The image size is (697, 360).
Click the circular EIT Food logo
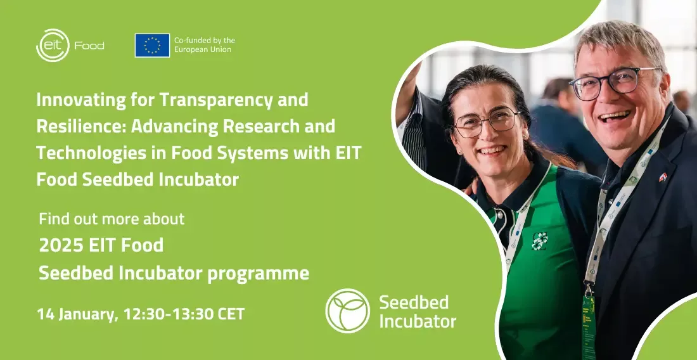click(53, 46)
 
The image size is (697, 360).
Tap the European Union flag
click(153, 46)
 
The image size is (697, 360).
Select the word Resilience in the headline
click(81, 126)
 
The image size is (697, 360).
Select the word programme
click(259, 274)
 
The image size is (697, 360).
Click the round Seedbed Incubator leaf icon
click(348, 311)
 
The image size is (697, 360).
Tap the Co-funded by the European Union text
click(205, 45)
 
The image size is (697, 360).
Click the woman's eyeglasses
click(486, 122)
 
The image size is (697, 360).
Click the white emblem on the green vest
click(539, 241)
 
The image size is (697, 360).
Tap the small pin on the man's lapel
click(663, 177)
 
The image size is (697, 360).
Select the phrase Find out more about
click(112, 219)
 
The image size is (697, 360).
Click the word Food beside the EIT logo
click(89, 46)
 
